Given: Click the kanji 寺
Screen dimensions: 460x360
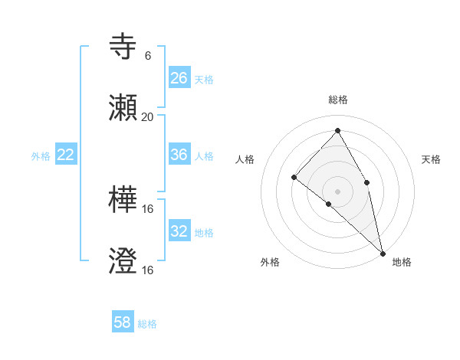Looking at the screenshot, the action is pyautogui.click(x=123, y=47).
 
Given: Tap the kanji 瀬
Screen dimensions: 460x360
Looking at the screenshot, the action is pyautogui.click(x=123, y=108).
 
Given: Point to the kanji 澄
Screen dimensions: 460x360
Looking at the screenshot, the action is pyautogui.click(x=123, y=261).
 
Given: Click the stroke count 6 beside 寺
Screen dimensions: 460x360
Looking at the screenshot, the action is pyautogui.click(x=148, y=56).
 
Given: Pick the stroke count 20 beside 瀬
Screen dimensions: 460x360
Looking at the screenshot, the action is pyautogui.click(x=148, y=117).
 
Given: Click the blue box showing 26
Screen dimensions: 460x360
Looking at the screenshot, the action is pyautogui.click(x=179, y=77).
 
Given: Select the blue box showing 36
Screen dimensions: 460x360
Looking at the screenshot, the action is pyautogui.click(x=179, y=155).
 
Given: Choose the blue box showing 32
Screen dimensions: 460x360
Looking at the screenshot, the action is pyautogui.click(x=179, y=231).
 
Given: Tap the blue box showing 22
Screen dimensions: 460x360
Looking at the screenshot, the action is pyautogui.click(x=66, y=155).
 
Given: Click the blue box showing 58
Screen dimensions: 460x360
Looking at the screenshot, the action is pyautogui.click(x=123, y=322).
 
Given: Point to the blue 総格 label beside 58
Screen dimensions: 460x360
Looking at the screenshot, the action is pyautogui.click(x=147, y=324).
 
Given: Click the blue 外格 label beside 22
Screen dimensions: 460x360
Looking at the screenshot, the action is pyautogui.click(x=41, y=156).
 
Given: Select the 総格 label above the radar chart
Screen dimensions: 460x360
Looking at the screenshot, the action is pyautogui.click(x=338, y=100).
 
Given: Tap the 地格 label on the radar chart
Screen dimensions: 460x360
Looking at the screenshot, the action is pyautogui.click(x=402, y=262).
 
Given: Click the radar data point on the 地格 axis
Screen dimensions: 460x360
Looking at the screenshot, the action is pyautogui.click(x=383, y=253).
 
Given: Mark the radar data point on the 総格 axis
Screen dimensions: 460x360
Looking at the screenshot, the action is pyautogui.click(x=337, y=130).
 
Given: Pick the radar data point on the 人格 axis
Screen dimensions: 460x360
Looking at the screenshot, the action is pyautogui.click(x=294, y=177).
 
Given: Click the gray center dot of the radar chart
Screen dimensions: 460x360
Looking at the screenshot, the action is pyautogui.click(x=337, y=191).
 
